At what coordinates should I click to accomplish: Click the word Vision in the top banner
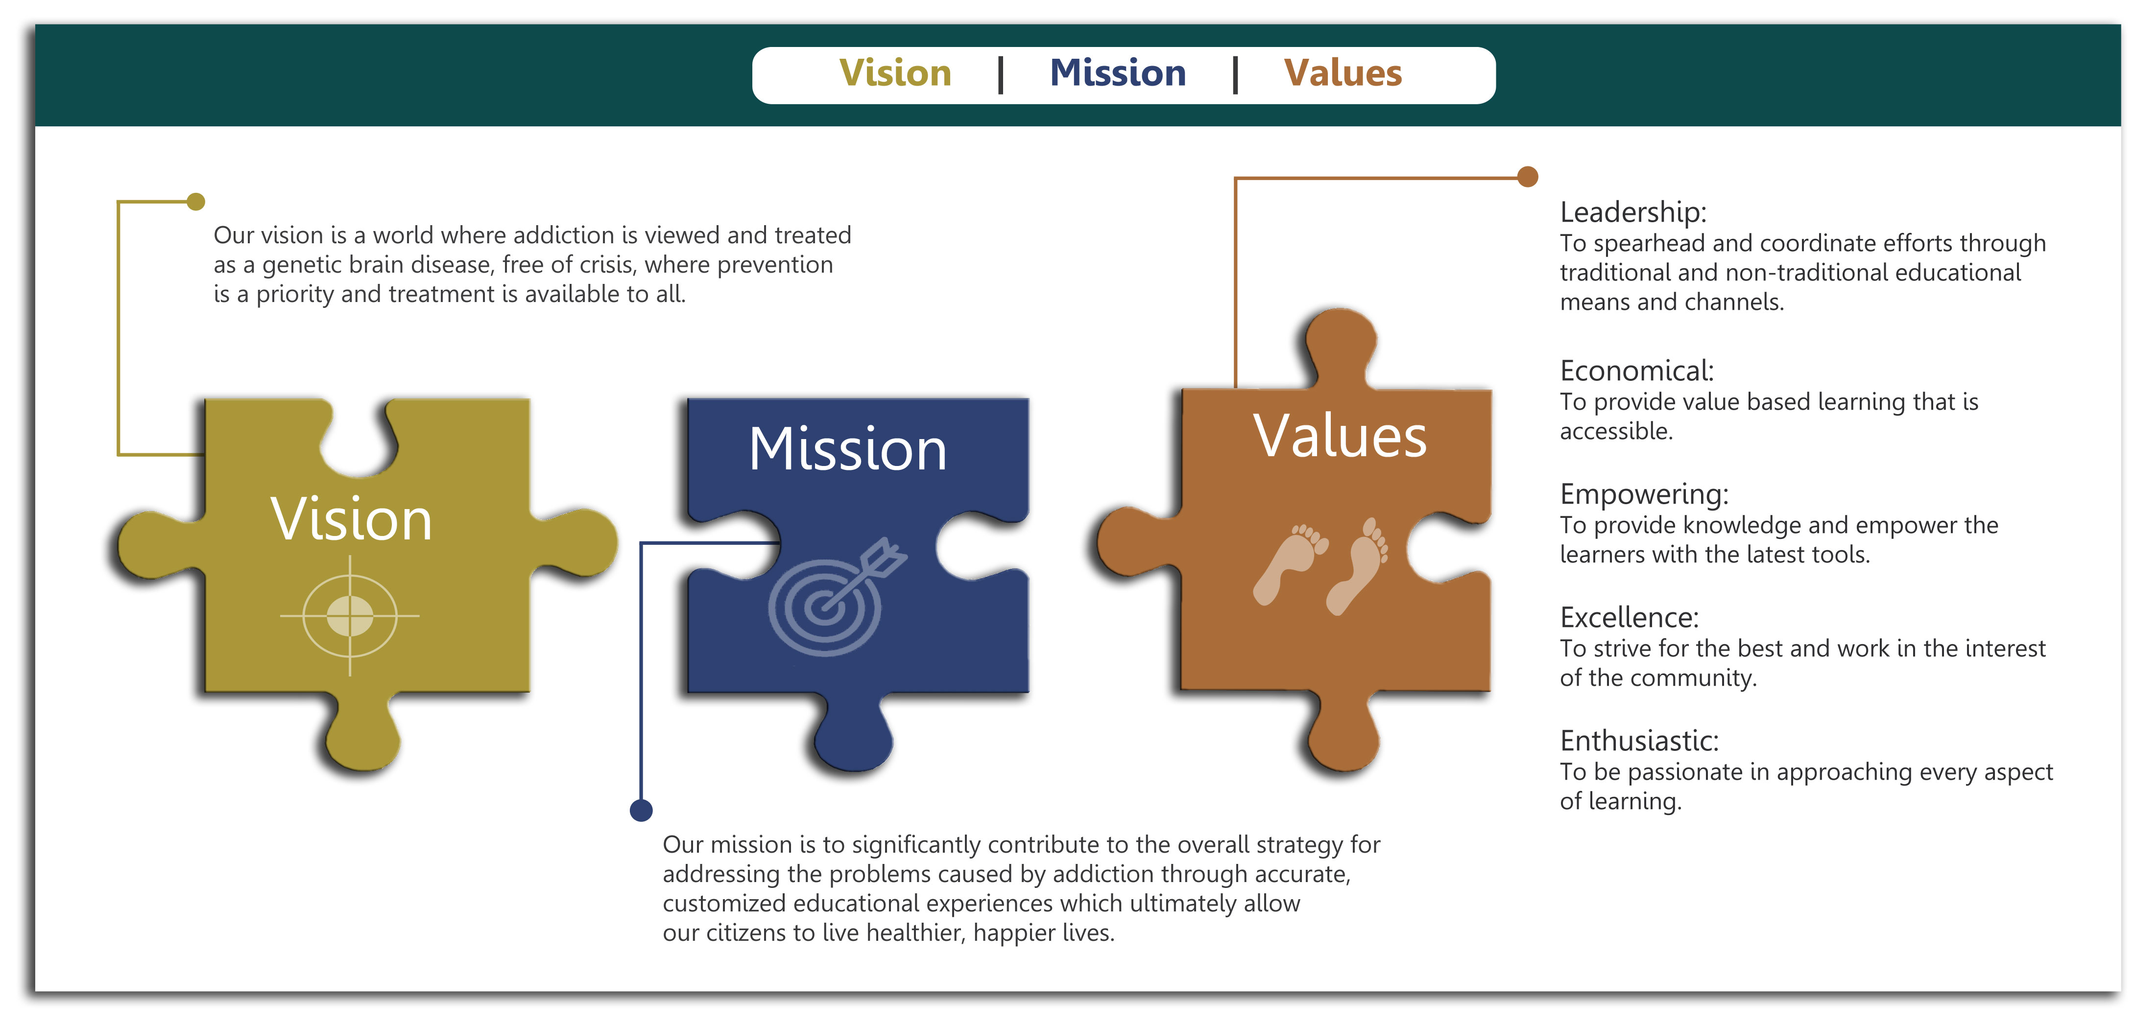coord(895,73)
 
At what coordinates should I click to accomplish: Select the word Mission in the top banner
coord(1118,73)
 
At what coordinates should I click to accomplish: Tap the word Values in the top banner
coord(1343,73)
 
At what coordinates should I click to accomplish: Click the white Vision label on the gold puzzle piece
coord(351,519)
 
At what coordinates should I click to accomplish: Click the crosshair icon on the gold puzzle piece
coord(350,616)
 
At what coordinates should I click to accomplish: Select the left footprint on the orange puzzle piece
coord(1291,563)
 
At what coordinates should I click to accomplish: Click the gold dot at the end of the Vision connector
coord(195,201)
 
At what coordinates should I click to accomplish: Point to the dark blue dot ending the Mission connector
coord(641,810)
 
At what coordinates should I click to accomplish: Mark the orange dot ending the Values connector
coord(1528,177)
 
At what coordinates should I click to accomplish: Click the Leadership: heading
coord(1633,212)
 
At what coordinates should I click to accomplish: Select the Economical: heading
coord(1637,371)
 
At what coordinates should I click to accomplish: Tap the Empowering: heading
coord(1644,494)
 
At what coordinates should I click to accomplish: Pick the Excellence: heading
coord(1630,617)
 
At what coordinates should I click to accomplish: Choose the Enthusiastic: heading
coord(1639,741)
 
